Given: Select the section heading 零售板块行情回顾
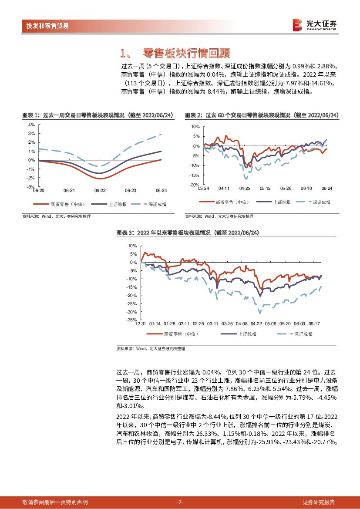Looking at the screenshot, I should (x=186, y=54).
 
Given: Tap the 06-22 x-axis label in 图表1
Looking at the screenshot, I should (x=100, y=191).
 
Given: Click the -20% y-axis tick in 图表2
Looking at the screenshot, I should (x=195, y=185).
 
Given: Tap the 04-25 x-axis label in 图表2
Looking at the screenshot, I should (x=245, y=189).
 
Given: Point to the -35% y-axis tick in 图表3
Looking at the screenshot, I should (x=132, y=320).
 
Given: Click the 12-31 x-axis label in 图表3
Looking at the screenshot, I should (x=141, y=324).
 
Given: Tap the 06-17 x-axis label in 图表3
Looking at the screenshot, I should (x=314, y=324).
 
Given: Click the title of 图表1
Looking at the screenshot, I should (x=98, y=115).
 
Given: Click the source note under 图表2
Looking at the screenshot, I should (x=219, y=216).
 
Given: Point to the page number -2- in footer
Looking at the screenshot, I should (x=180, y=502).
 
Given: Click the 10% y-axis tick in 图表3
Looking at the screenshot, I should (x=133, y=246).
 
